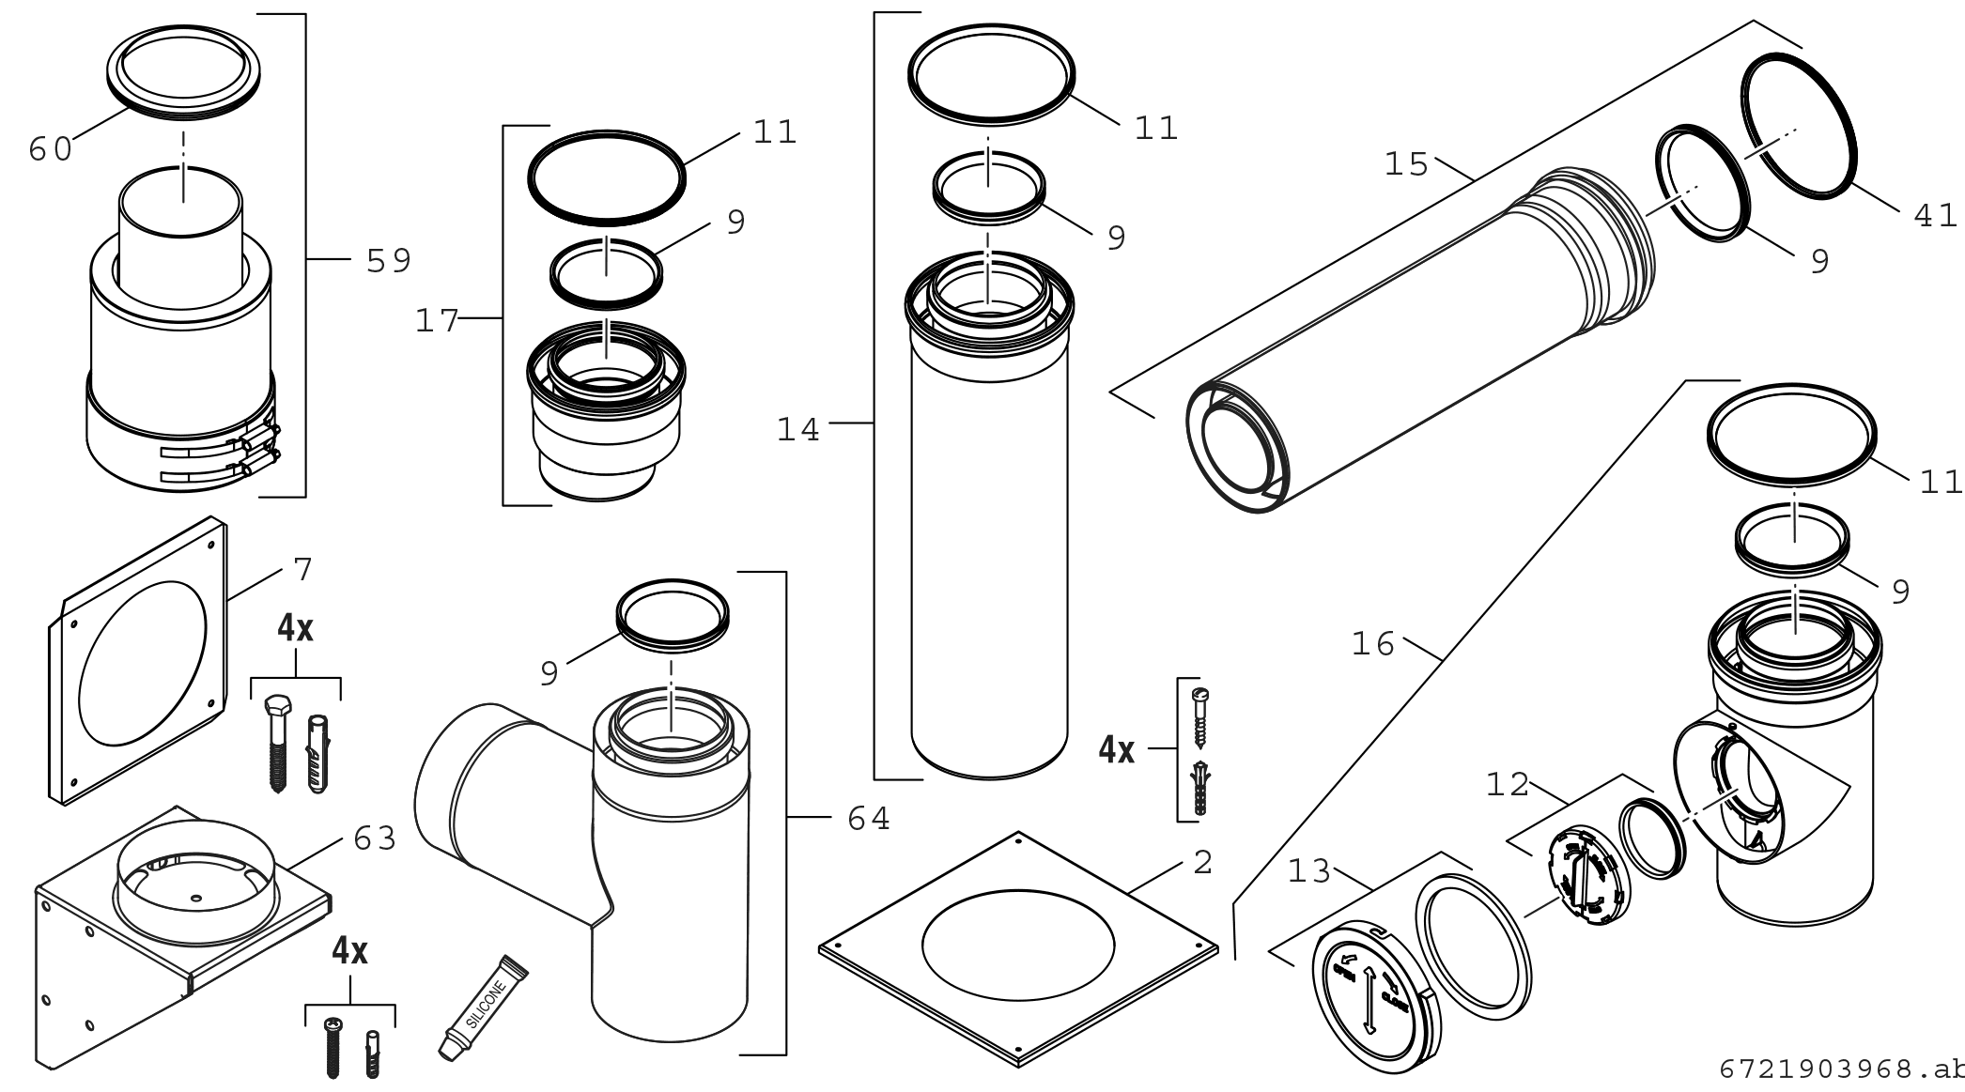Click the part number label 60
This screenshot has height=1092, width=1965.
(x=50, y=149)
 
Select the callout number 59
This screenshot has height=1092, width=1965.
(x=388, y=261)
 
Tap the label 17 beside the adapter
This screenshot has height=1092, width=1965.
(x=437, y=322)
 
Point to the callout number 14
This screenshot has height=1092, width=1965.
(x=798, y=430)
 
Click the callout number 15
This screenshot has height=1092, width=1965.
(x=1406, y=165)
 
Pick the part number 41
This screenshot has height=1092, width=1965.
(x=1935, y=216)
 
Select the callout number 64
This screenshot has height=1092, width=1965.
(x=869, y=819)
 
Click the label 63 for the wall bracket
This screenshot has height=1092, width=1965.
(x=375, y=838)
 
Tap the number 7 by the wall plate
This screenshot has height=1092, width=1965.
(x=302, y=569)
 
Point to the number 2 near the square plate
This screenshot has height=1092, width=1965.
(x=1202, y=862)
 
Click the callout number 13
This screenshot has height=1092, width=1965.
(x=1309, y=872)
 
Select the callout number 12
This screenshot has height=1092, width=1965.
(x=1508, y=784)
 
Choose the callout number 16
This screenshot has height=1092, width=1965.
(x=1373, y=644)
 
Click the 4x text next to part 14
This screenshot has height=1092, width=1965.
(x=1117, y=750)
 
